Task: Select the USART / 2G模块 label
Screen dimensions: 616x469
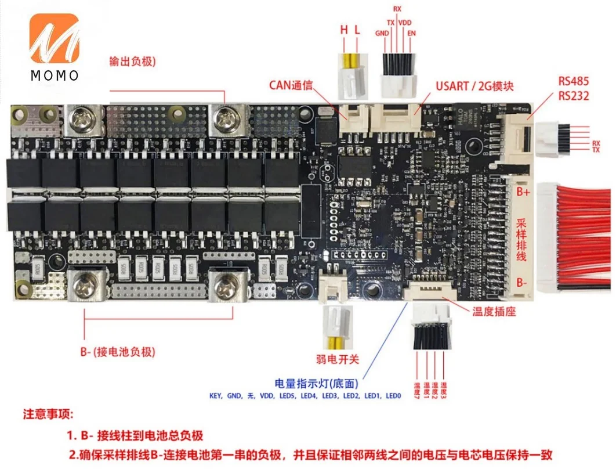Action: tap(474, 87)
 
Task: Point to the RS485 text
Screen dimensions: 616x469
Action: tap(573, 80)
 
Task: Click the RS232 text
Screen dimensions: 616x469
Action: tap(573, 95)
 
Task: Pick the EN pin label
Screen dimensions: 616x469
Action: tap(412, 33)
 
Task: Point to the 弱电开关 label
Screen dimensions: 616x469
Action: tap(338, 360)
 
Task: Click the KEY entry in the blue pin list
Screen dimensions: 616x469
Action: tap(218, 396)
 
